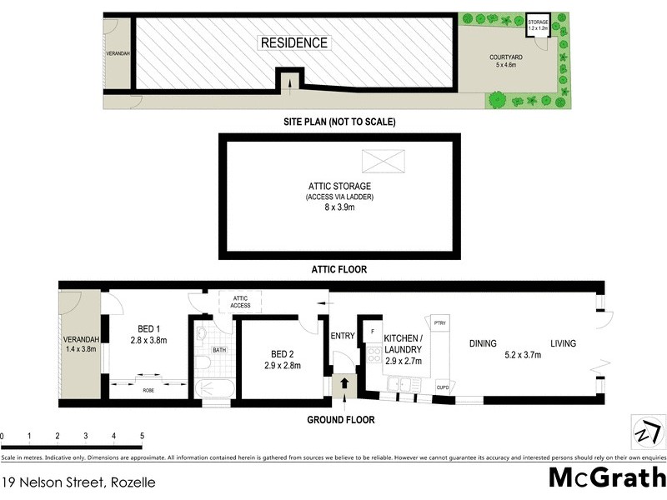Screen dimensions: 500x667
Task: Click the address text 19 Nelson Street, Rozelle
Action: tap(78, 482)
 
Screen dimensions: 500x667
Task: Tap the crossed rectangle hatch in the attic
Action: tap(383, 160)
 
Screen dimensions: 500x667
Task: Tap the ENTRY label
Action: tap(343, 336)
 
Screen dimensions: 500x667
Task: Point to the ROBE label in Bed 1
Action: tap(148, 389)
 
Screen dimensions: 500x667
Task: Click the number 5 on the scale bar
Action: tap(142, 436)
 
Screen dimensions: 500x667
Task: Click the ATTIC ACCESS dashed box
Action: tap(241, 302)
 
